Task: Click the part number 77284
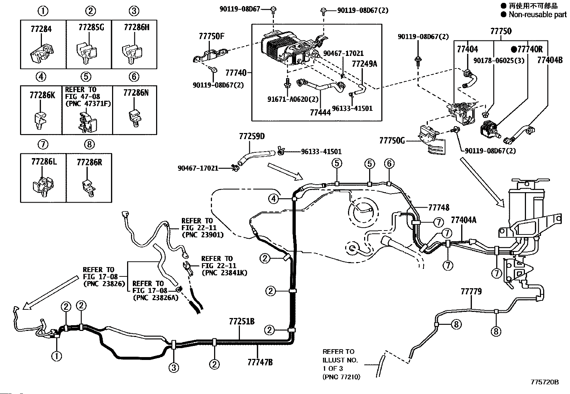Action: [x=41, y=29]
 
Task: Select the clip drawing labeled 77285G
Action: [x=86, y=52]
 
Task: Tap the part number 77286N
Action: [x=136, y=93]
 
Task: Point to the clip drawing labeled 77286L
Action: [x=43, y=186]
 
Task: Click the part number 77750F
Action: [x=212, y=37]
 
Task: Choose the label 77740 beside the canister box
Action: [x=236, y=73]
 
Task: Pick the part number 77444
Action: [x=320, y=112]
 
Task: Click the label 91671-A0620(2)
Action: [x=293, y=99]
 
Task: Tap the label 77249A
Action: [x=364, y=64]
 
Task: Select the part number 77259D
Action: [x=252, y=136]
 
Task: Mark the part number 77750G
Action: [x=392, y=141]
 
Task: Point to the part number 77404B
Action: [x=550, y=60]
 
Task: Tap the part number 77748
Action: [x=439, y=208]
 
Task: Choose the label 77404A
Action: [x=463, y=220]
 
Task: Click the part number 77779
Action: [x=471, y=291]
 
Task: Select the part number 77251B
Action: [x=241, y=322]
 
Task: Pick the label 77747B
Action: [x=260, y=362]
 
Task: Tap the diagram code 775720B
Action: [x=545, y=382]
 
